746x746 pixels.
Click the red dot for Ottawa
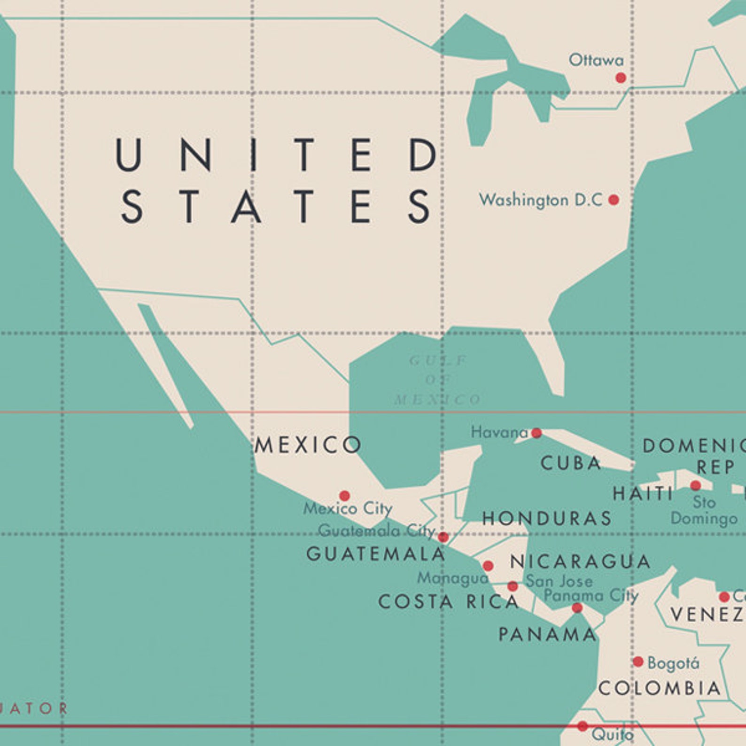pyautogui.click(x=621, y=78)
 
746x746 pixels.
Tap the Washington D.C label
pyautogui.click(x=540, y=200)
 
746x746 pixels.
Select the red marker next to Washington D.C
pyautogui.click(x=614, y=200)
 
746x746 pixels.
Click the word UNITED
pyautogui.click(x=277, y=155)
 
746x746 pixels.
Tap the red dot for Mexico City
pyautogui.click(x=344, y=496)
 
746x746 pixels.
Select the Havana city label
pyautogui.click(x=499, y=432)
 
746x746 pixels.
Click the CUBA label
pyautogui.click(x=571, y=463)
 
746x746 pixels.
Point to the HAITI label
pyautogui.click(x=643, y=494)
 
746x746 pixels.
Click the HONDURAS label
pyautogui.click(x=547, y=519)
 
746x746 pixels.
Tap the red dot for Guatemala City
pyautogui.click(x=443, y=537)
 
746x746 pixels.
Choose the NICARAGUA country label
pyautogui.click(x=580, y=561)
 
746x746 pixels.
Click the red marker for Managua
pyautogui.click(x=488, y=566)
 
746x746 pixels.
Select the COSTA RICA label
pyautogui.click(x=449, y=602)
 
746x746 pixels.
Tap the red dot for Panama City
pyautogui.click(x=577, y=608)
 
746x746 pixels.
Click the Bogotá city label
pyautogui.click(x=673, y=663)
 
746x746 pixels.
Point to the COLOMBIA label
pyautogui.click(x=660, y=689)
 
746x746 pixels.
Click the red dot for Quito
pyautogui.click(x=583, y=726)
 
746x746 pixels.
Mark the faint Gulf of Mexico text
pyautogui.click(x=438, y=380)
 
